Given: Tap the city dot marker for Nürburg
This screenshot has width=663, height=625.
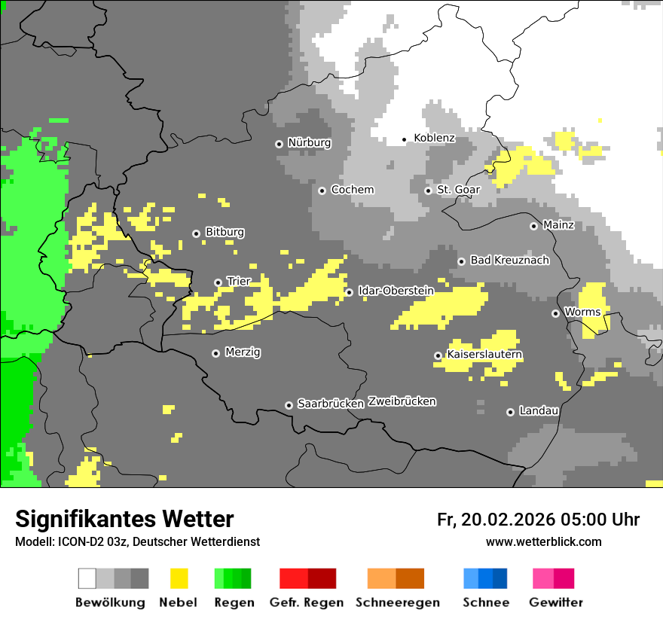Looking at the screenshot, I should pos(279,143).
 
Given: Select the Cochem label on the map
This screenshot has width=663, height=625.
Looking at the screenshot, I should pos(352,190).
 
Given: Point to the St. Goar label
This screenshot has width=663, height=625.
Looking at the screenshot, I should pos(458,190).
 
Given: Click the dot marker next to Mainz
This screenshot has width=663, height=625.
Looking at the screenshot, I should pos(533,226).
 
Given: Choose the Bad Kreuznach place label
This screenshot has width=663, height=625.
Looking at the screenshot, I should pos(509,260).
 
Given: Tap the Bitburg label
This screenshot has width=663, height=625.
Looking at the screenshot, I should pos(225,232).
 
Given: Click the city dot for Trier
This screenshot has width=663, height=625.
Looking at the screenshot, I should pos(218,282).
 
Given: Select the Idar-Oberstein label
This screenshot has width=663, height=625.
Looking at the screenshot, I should pos(396,291).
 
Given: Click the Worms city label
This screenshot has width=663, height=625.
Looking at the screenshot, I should pos(582,312).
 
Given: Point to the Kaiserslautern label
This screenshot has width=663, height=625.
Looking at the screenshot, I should pos(484,354).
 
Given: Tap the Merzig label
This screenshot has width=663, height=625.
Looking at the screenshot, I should pos(243,352).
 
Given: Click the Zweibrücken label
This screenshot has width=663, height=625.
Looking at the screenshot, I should pos(402,401).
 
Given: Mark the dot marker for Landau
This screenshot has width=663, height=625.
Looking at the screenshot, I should pos(510,412).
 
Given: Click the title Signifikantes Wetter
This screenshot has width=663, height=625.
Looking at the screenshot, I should pos(124,519).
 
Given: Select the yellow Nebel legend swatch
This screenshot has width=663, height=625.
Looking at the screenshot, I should pos(179,578).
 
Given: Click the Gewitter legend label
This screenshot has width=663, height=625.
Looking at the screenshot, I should pos(555,602).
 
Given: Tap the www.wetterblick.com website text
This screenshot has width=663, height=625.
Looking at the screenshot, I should pos(543,541).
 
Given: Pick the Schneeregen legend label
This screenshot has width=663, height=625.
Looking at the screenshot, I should pos(398,602).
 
